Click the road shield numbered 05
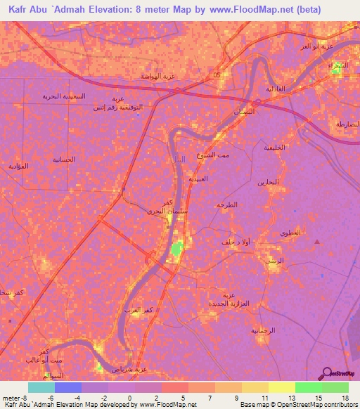pyautogui.click(x=217, y=74)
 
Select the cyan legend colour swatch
pyautogui.click(x=41, y=387)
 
